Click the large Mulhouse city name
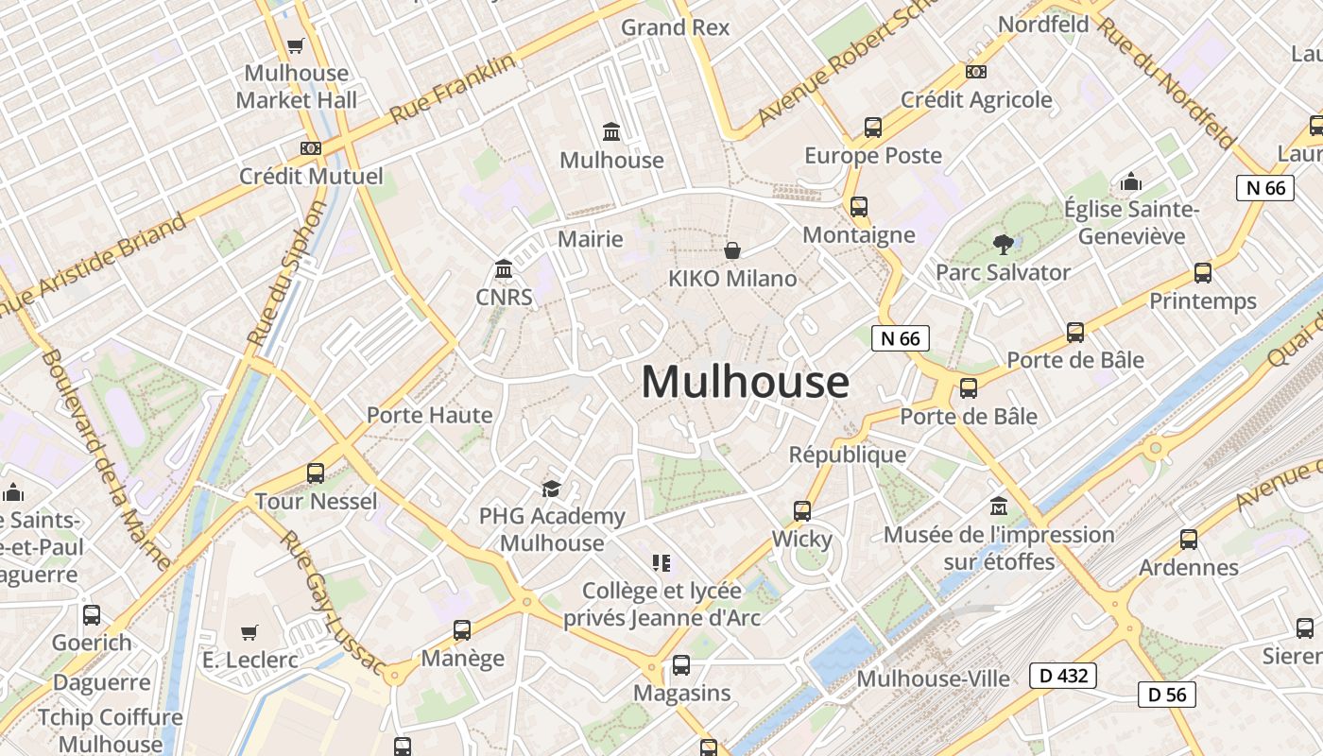745,382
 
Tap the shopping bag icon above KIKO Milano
731,250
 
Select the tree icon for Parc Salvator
1003,245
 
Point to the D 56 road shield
1166,695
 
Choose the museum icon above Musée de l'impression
998,507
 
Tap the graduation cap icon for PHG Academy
551,489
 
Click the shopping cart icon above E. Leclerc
249,632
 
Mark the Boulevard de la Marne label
107,460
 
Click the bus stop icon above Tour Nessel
316,473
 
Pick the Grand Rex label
675,27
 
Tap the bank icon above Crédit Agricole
976,72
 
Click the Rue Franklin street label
454,89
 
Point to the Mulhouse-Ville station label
933,679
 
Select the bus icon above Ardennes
1189,540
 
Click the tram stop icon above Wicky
802,511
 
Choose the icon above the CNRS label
504,270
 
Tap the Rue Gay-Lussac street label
332,605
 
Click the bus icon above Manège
462,630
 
